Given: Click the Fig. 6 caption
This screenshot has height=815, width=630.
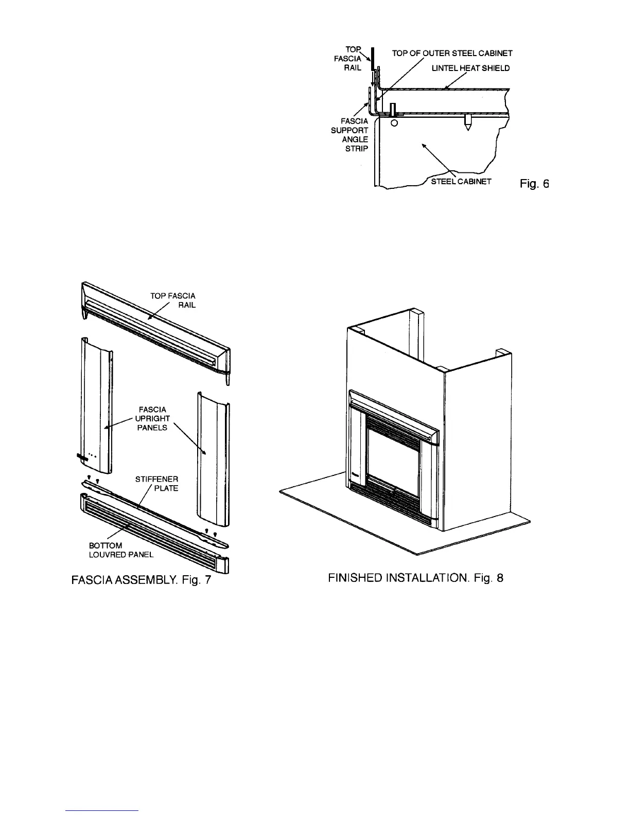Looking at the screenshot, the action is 534,183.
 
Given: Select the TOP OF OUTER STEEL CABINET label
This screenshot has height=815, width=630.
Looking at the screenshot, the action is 452,53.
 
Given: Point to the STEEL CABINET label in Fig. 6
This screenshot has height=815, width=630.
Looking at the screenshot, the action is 461,181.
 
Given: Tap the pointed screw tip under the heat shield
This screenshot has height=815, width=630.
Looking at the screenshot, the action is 467,126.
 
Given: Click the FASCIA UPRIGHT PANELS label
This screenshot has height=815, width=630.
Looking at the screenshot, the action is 152,418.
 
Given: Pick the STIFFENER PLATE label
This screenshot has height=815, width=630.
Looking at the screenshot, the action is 157,484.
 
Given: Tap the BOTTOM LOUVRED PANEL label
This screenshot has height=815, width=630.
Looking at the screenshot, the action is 121,550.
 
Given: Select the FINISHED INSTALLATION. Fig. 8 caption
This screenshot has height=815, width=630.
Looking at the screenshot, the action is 415,578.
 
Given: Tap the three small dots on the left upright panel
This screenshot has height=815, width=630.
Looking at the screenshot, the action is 92,455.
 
